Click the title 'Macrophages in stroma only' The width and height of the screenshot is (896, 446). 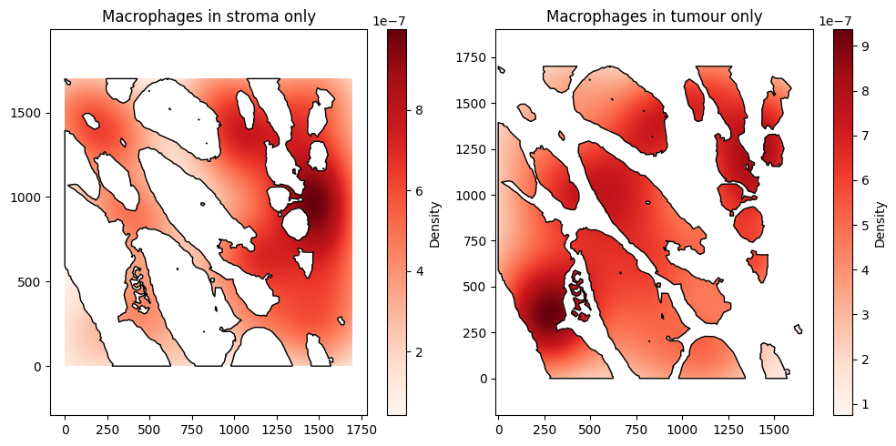(209, 16)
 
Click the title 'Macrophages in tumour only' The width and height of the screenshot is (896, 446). (654, 16)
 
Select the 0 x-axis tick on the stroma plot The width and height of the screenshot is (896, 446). (65, 426)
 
